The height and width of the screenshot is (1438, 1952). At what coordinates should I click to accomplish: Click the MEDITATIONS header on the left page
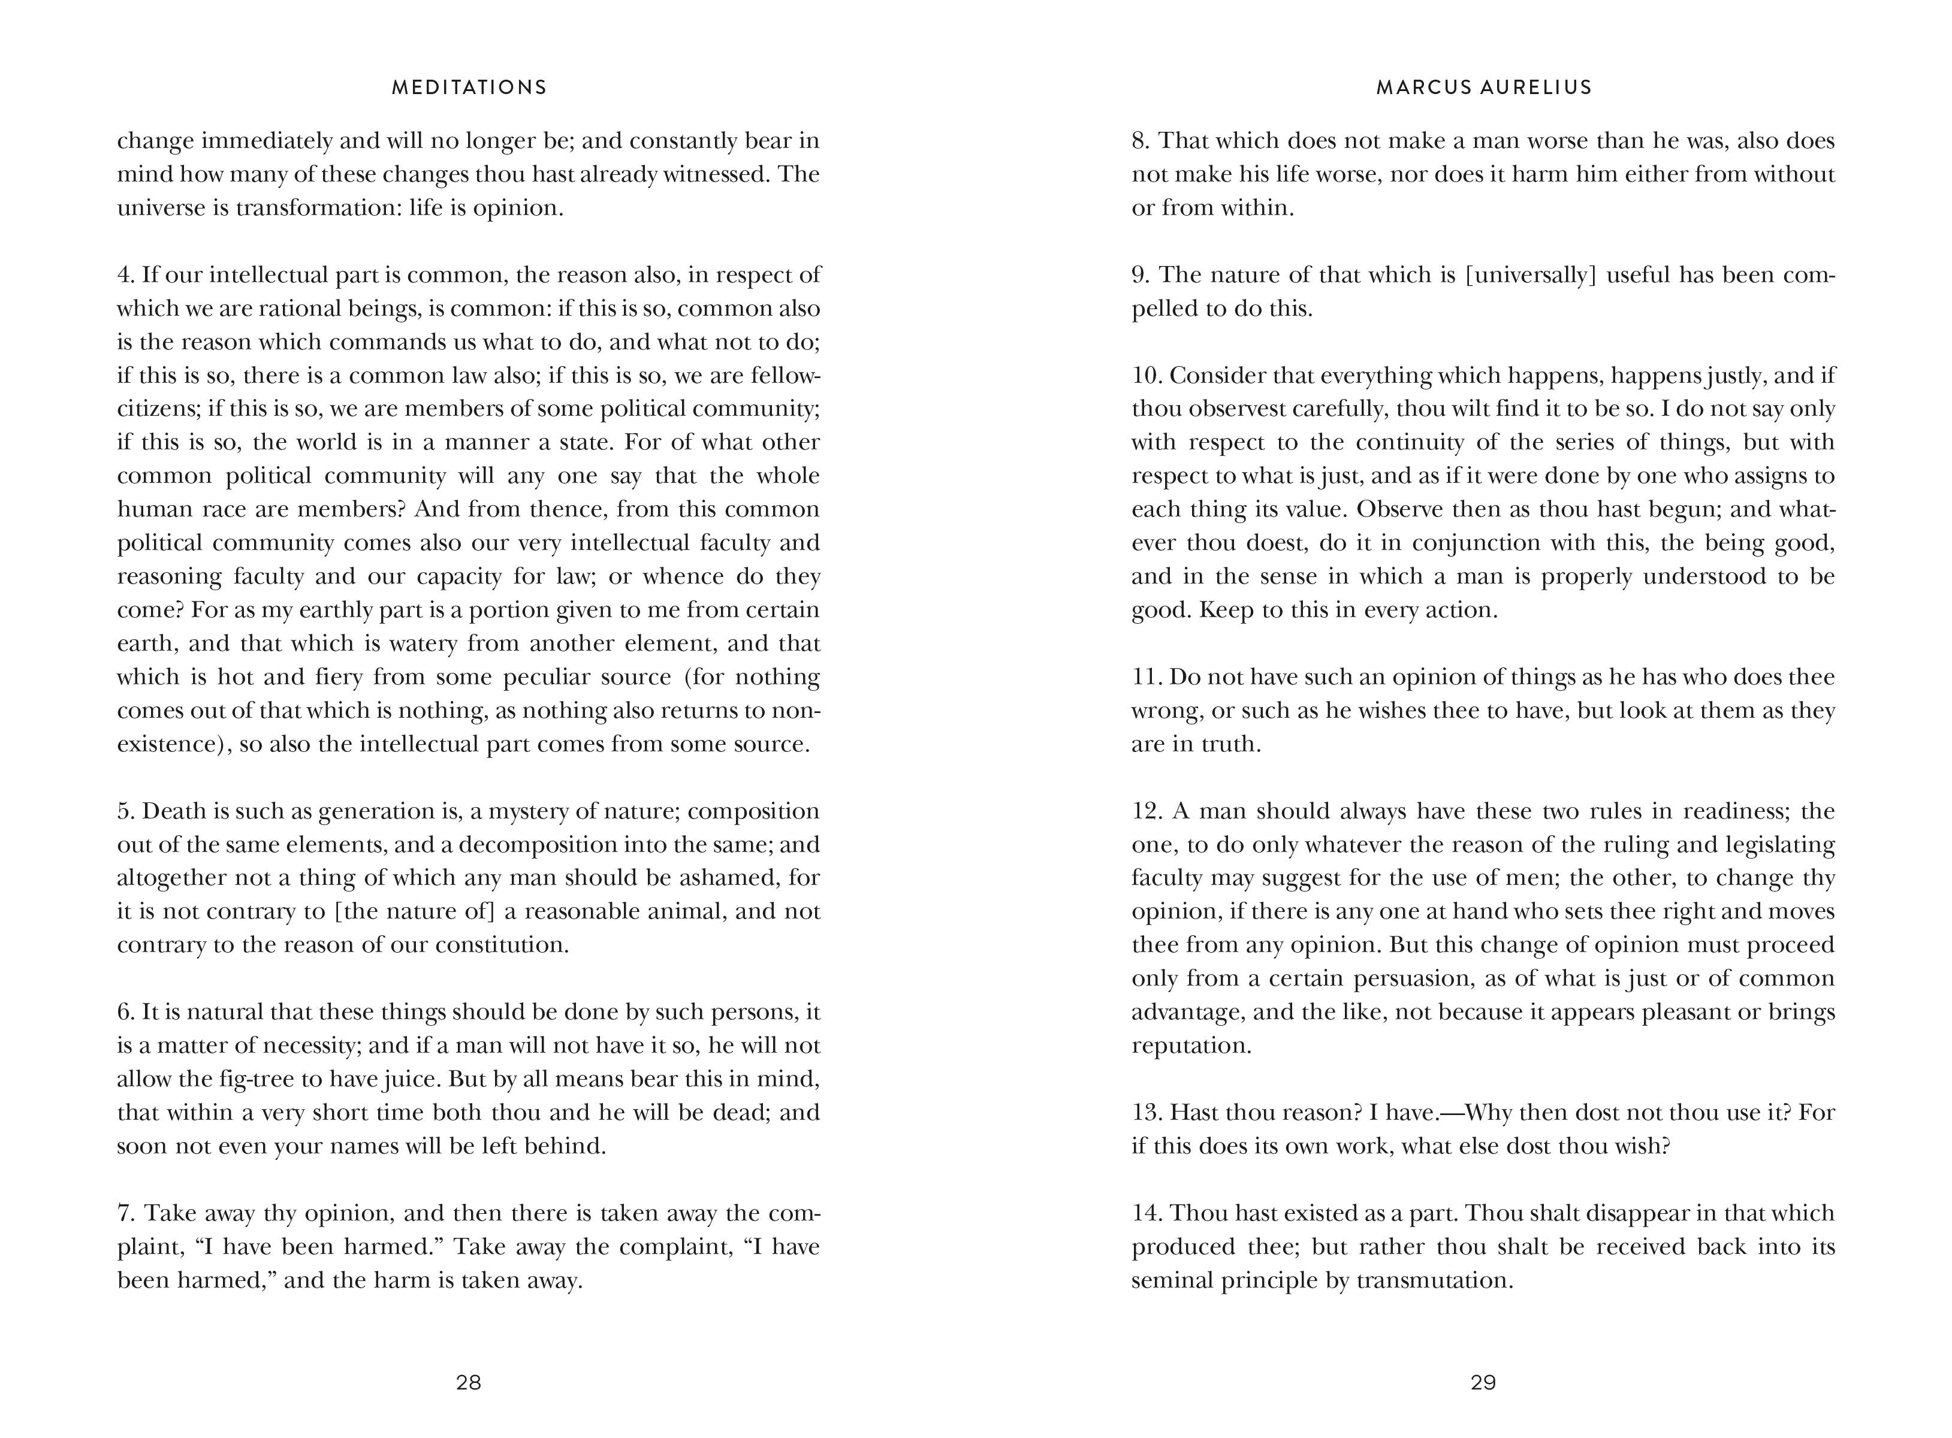[x=469, y=87]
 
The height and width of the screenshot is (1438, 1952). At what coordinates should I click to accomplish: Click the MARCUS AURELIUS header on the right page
[x=1483, y=87]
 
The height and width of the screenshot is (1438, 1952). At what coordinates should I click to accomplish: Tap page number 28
[x=469, y=1382]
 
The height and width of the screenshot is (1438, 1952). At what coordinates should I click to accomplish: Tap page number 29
[x=1483, y=1382]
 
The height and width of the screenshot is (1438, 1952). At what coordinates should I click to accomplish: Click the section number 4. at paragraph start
[x=126, y=275]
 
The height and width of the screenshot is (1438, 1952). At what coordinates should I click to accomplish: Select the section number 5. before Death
[x=126, y=811]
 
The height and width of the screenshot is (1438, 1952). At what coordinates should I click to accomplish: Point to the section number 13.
[x=1147, y=1113]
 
